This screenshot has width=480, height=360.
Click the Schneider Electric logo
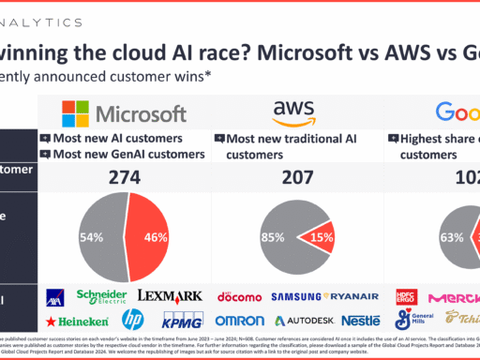99,296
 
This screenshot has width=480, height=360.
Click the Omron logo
239,322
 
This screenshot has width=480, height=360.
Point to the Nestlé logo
359,322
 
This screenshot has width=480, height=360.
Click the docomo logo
239,297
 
